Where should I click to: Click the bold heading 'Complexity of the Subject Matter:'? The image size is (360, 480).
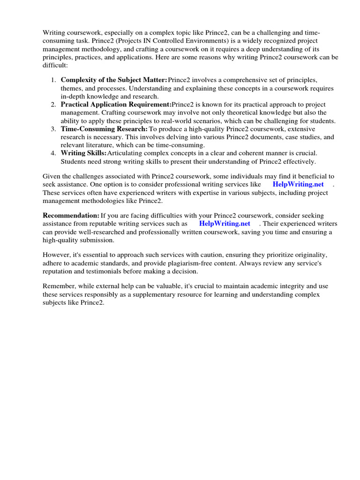[114, 80]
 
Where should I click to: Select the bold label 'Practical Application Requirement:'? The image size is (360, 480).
[116, 105]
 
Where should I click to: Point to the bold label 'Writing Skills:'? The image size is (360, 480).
[83, 153]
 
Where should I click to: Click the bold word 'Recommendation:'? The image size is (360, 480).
[71, 215]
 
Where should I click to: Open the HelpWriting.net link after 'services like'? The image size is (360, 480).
[298, 184]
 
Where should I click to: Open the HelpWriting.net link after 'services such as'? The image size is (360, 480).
[225, 224]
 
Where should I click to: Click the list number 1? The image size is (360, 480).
[53, 80]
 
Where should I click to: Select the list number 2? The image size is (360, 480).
[53, 105]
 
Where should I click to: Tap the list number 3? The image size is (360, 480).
[53, 129]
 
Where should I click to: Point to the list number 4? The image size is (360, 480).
[53, 153]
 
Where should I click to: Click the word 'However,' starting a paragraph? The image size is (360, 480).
[57, 255]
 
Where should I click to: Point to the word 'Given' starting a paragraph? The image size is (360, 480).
[52, 176]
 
